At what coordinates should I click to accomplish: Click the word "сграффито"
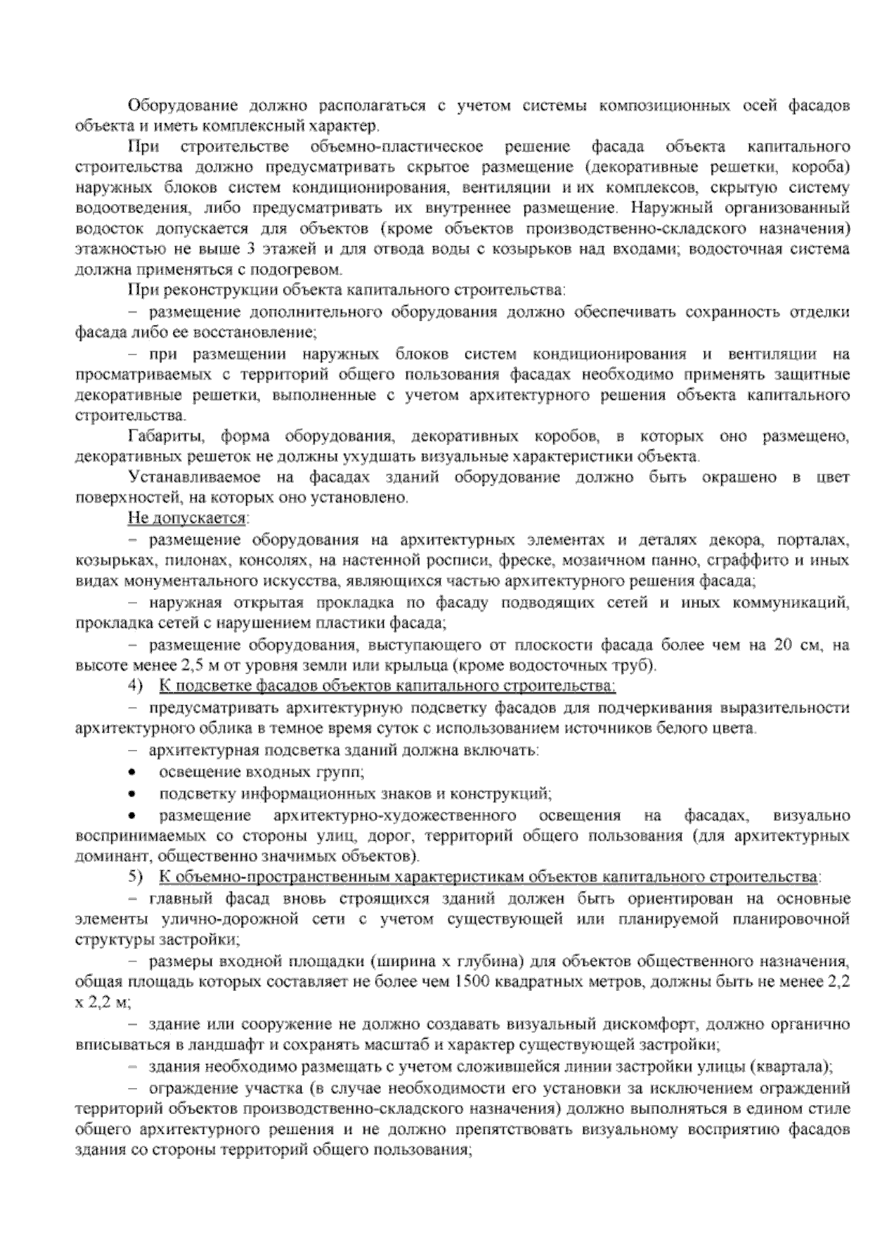point(741,560)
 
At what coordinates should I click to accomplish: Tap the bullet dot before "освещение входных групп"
point(131,773)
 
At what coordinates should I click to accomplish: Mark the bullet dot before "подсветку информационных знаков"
point(131,794)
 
